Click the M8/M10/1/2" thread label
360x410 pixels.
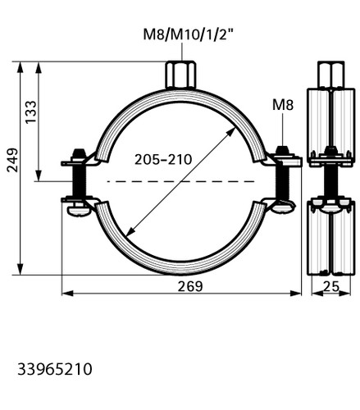[189, 34]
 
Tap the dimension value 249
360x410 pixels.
[12, 160]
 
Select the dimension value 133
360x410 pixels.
[30, 112]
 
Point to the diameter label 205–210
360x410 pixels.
[163, 159]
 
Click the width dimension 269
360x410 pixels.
[190, 286]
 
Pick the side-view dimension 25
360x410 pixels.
[331, 286]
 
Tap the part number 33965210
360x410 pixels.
[55, 369]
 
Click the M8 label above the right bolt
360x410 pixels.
[283, 105]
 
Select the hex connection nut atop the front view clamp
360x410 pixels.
[180, 75]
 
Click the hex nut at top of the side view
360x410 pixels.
[330, 75]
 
